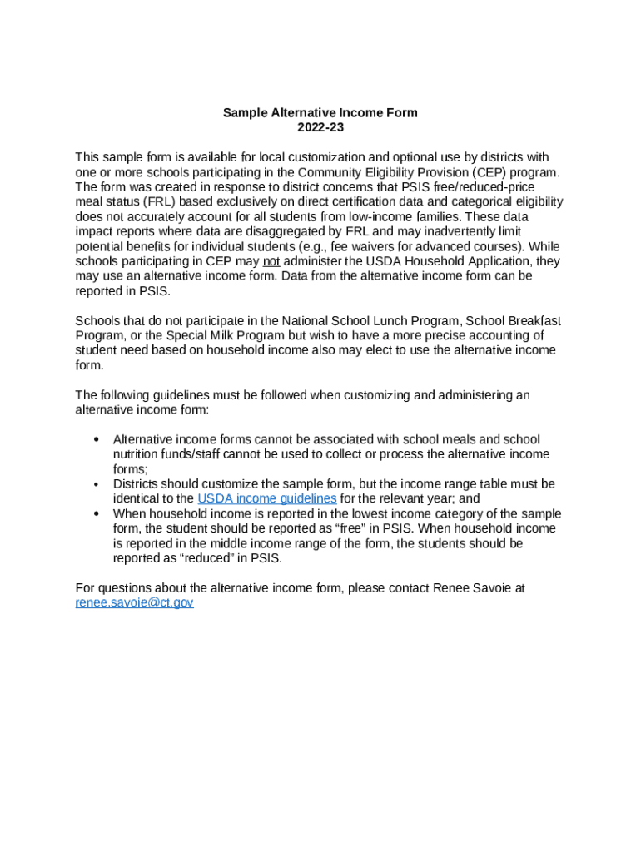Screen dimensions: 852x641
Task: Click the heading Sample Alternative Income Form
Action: coord(320,113)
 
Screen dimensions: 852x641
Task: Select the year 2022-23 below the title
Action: coord(320,128)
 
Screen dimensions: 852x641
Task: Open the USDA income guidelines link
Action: coord(267,498)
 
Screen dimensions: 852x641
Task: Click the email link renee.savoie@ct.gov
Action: coord(134,602)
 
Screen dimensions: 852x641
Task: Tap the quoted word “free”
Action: coord(335,528)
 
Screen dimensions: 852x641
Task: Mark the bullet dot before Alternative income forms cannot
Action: coord(97,439)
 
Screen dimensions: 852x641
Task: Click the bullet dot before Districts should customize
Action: coord(97,484)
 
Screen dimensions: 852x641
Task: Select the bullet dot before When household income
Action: coord(97,513)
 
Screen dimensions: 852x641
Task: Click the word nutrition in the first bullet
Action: coord(137,454)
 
